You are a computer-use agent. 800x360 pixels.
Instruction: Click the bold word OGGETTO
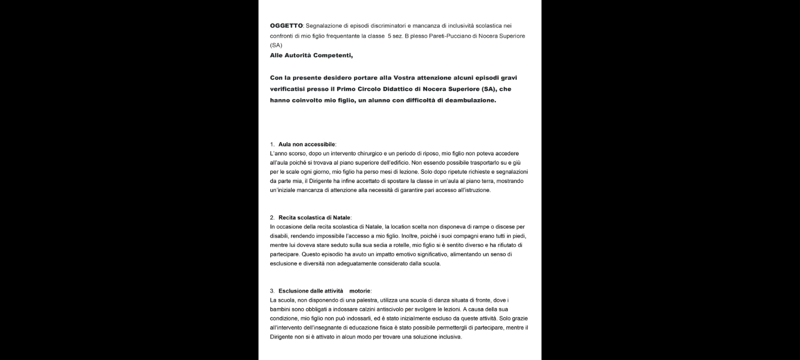click(286, 25)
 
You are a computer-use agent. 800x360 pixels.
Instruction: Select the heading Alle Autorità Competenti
click(311, 55)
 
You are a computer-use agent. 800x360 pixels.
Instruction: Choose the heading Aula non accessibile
click(306, 144)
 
